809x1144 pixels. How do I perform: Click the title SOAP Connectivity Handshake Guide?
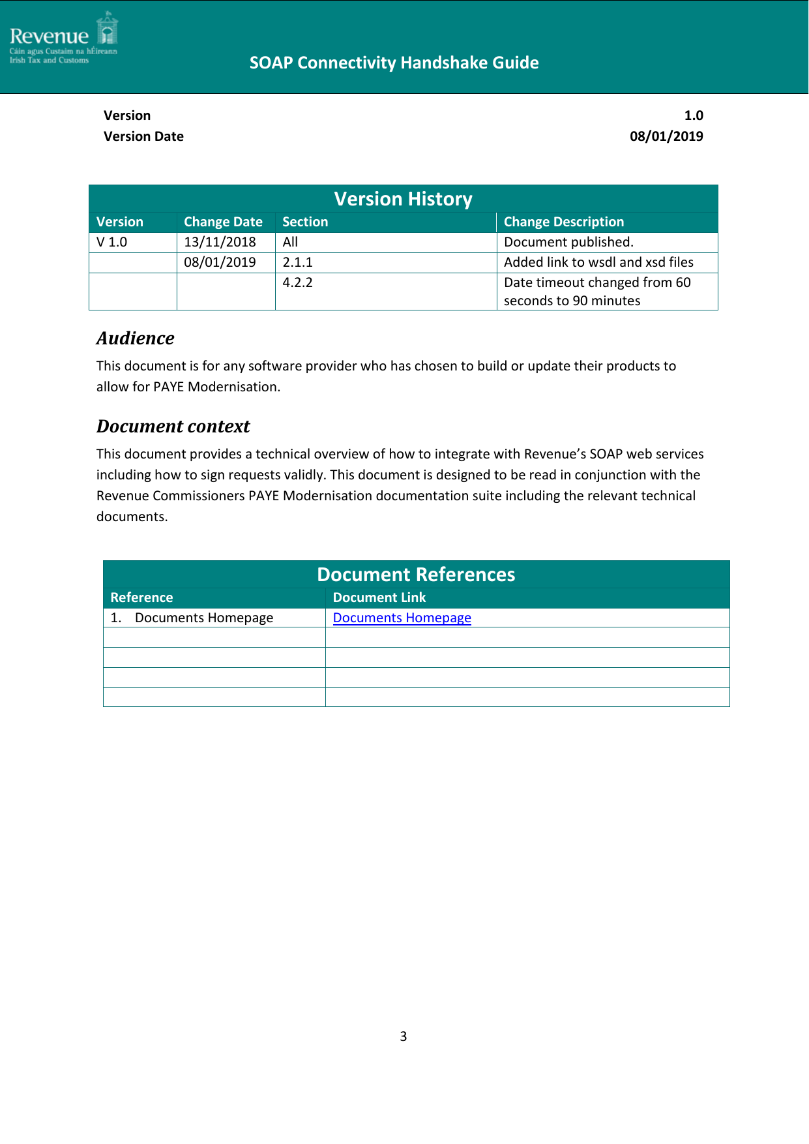[394, 63]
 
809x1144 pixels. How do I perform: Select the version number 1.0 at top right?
[693, 115]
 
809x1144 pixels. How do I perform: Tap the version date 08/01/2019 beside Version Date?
[666, 136]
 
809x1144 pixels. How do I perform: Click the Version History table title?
[403, 199]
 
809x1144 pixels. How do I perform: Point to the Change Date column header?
[223, 222]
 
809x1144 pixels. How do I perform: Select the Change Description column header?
[563, 222]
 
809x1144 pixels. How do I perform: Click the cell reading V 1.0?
[112, 242]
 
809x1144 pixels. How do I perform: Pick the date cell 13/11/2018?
[220, 242]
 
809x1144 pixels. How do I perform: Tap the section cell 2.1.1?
[297, 262]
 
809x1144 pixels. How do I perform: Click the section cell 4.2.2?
[297, 282]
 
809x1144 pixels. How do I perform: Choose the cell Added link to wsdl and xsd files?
[598, 262]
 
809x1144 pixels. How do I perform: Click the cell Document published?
[568, 242]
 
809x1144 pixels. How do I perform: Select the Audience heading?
[136, 338]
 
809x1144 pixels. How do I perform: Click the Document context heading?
[173, 426]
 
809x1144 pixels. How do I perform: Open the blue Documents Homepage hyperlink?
[402, 618]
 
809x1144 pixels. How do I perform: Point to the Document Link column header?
[379, 597]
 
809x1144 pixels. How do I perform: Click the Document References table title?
[416, 575]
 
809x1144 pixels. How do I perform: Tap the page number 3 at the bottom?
[403, 1036]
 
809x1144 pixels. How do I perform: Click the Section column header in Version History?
[305, 222]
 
